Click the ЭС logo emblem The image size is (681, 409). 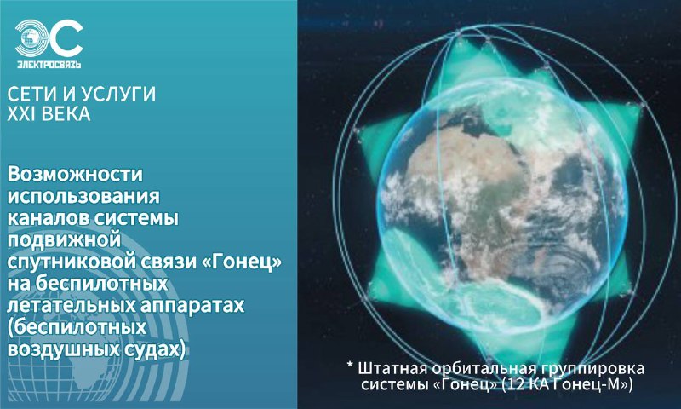(49, 39)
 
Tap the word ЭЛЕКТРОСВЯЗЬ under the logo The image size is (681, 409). (49, 65)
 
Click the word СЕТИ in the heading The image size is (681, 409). (32, 95)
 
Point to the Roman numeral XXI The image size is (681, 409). (20, 114)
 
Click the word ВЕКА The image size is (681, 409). (65, 114)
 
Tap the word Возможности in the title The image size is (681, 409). (75, 175)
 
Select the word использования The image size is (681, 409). (83, 196)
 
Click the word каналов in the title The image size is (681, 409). (48, 218)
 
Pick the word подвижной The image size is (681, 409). (64, 240)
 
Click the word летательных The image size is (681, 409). (71, 305)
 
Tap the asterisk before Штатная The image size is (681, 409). (350, 365)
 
